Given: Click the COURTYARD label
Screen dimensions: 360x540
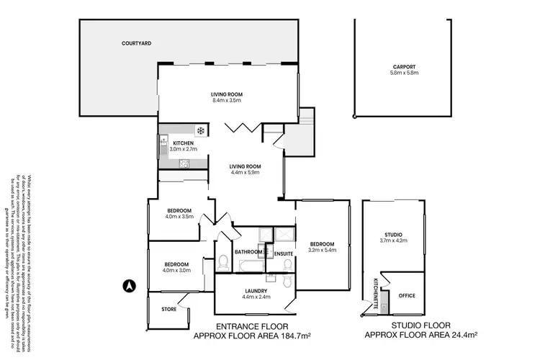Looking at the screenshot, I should (136, 44).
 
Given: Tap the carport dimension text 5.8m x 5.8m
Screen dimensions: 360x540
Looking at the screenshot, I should (404, 73).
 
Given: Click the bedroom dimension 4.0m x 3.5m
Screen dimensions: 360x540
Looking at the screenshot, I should (179, 215).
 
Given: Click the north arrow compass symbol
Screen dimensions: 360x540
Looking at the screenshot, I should (127, 284).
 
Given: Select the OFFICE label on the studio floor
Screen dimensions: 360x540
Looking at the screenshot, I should (407, 295).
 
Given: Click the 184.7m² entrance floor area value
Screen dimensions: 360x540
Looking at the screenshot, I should (292, 336).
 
